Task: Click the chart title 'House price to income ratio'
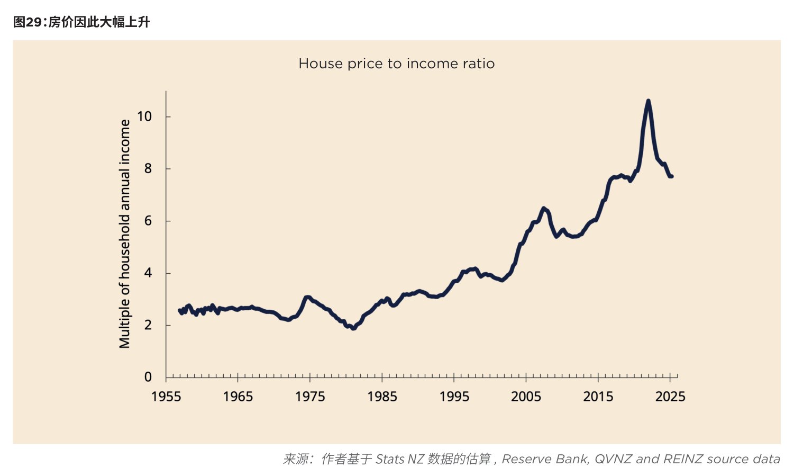click(x=396, y=64)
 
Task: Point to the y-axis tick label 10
click(x=144, y=116)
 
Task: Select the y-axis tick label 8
click(x=148, y=168)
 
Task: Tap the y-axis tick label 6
click(x=148, y=221)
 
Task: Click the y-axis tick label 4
click(x=148, y=273)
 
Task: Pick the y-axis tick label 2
click(x=148, y=325)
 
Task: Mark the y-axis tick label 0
click(x=148, y=376)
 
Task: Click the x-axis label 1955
click(x=166, y=397)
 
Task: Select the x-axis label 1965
click(x=238, y=397)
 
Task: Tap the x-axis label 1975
click(x=310, y=397)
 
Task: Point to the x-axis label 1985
click(x=382, y=397)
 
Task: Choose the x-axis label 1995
click(x=454, y=397)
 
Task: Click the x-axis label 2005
click(x=526, y=397)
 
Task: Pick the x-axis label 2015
click(x=598, y=397)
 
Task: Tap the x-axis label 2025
click(x=670, y=397)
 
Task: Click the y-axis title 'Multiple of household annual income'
click(x=124, y=233)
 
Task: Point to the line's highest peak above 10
click(x=649, y=101)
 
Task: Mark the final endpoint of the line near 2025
click(x=672, y=176)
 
